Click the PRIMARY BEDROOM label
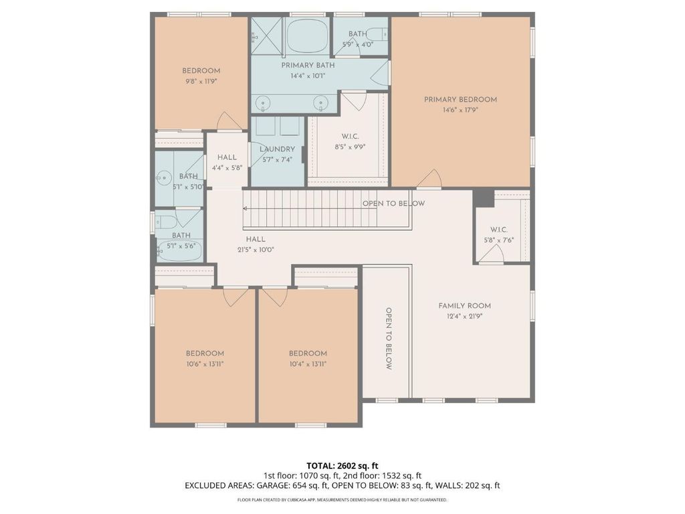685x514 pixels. coord(460,100)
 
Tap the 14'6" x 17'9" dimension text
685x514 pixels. coord(460,110)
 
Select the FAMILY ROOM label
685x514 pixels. coord(464,306)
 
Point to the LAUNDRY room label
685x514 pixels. coord(278,149)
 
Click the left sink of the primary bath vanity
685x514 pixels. coord(263,102)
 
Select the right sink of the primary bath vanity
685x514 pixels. coord(321,102)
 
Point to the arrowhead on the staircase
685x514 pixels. coord(246,209)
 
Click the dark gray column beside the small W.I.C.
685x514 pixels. coord(483,198)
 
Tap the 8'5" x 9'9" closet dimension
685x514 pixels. coord(350,147)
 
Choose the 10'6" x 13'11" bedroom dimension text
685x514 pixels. coord(205,364)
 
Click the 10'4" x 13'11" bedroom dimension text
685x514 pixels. coord(308,364)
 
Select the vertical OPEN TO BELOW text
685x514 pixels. coord(389,339)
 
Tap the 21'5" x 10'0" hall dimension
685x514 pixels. coord(256,250)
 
